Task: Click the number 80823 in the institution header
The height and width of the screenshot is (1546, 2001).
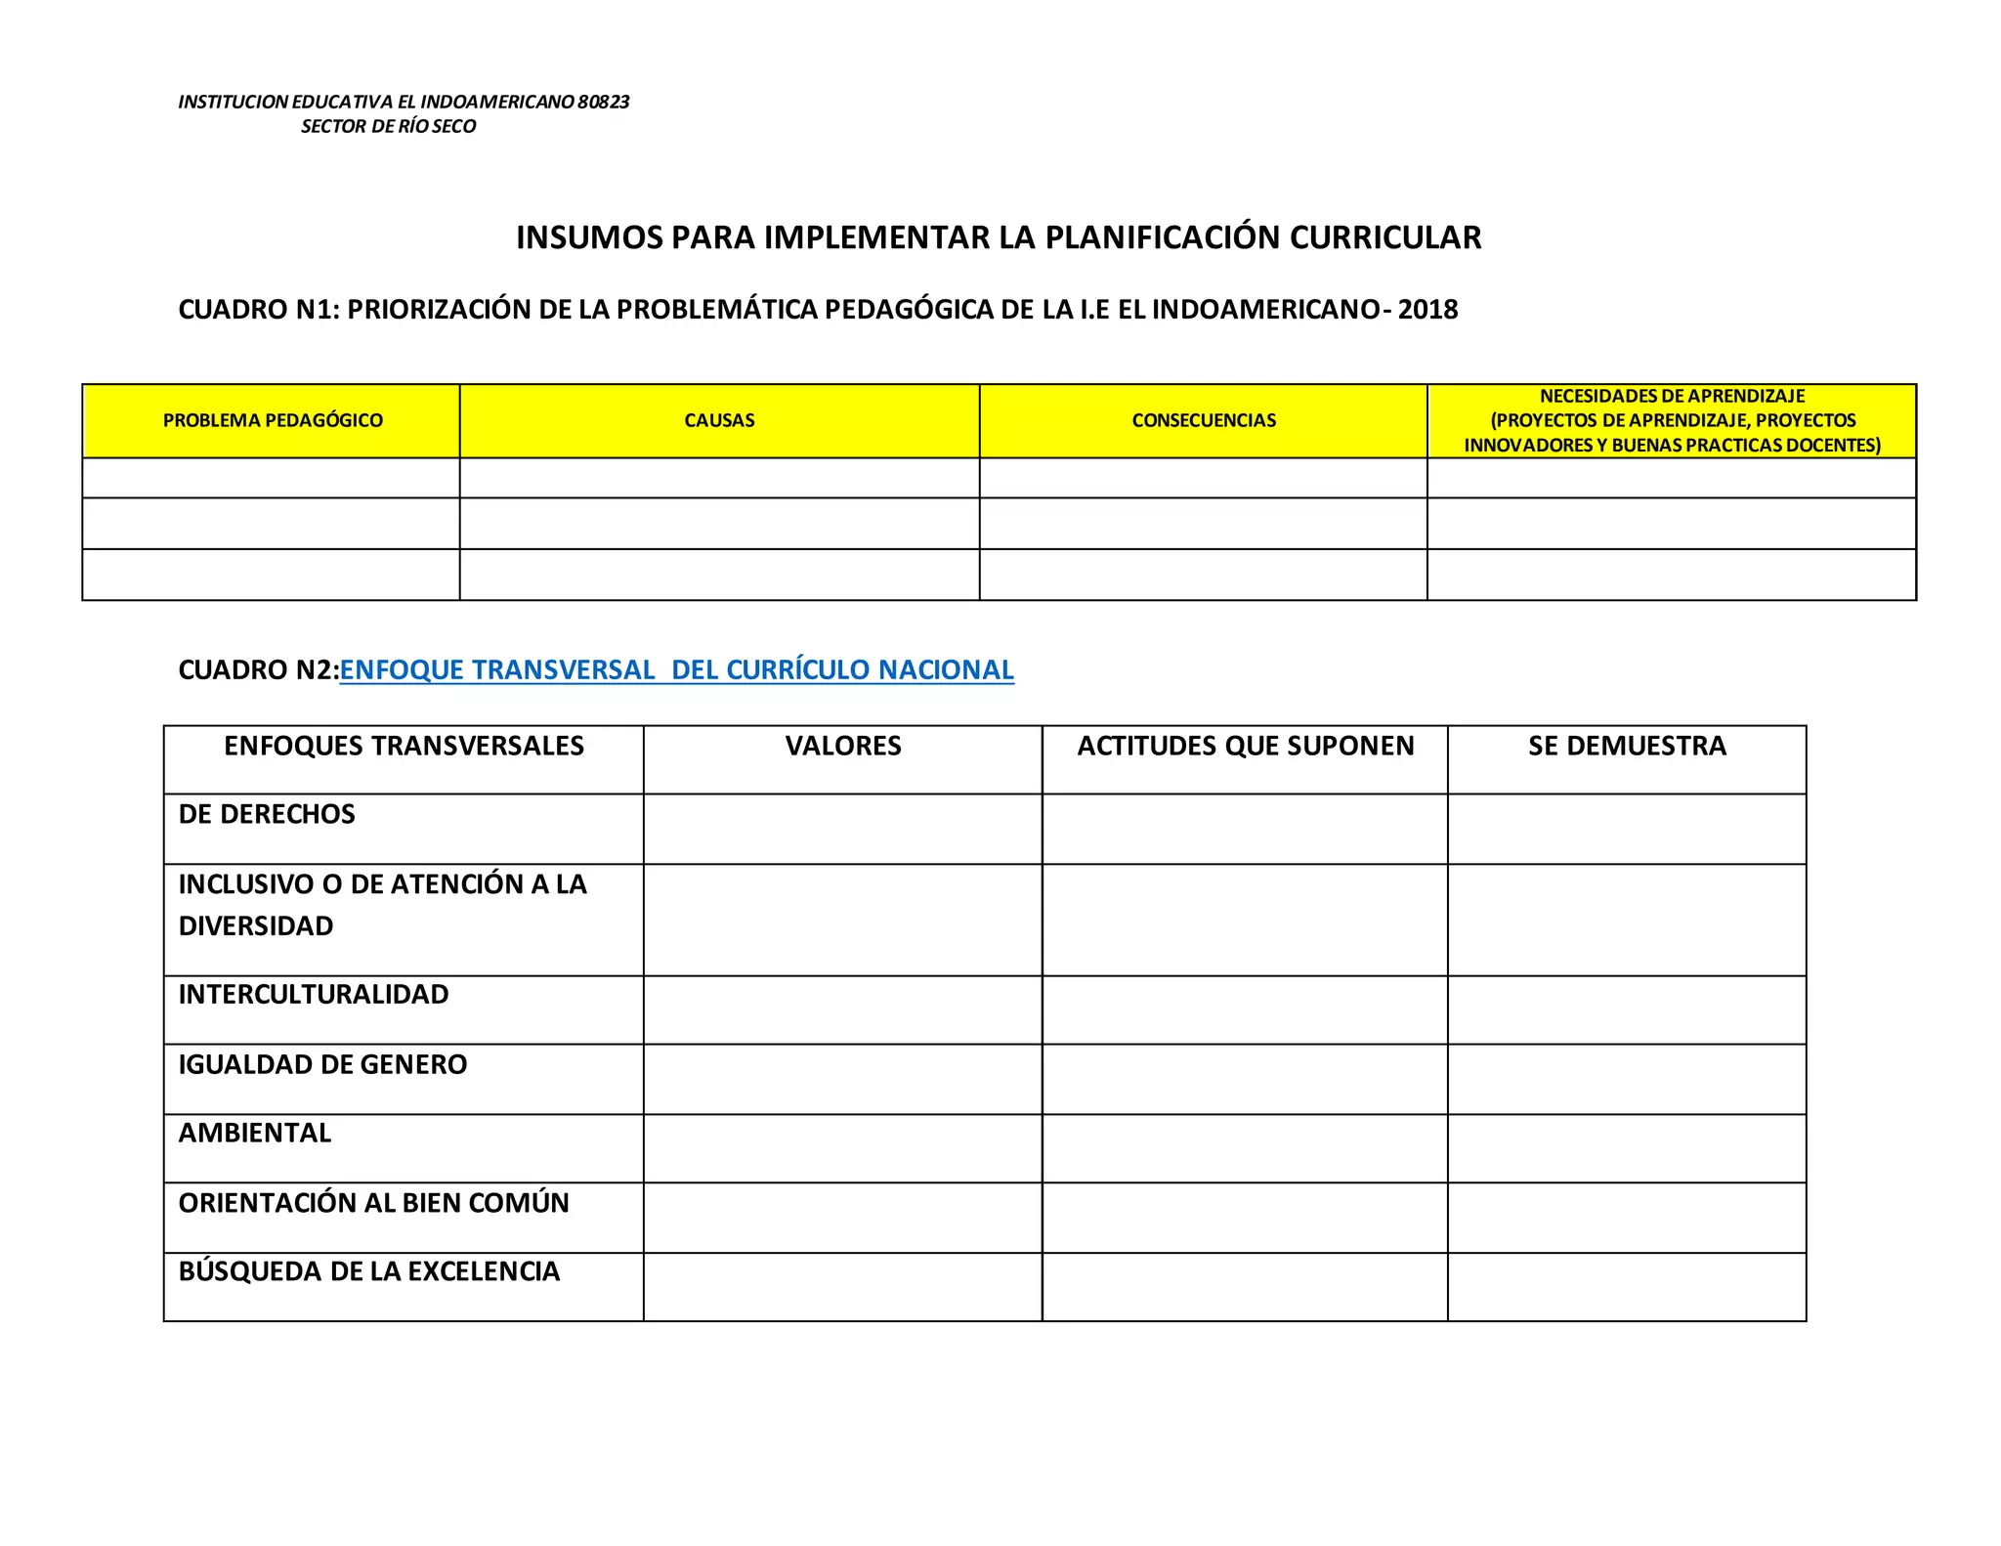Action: coord(603,102)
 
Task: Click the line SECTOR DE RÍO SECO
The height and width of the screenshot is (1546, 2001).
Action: coord(388,126)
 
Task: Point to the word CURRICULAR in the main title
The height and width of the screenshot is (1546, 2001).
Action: coord(1384,237)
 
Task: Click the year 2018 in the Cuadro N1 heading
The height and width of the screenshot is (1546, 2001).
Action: coord(1427,310)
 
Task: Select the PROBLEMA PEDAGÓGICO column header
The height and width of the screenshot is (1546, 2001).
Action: coord(273,420)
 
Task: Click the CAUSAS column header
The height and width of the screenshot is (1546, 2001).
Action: coord(719,420)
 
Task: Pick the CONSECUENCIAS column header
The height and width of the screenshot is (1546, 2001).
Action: coord(1204,420)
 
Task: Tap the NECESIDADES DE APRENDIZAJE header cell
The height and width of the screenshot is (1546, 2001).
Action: coord(1672,420)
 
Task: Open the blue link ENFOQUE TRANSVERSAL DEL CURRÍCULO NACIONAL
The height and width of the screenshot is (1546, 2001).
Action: coord(676,670)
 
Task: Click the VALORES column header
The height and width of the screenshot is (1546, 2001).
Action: coord(843,747)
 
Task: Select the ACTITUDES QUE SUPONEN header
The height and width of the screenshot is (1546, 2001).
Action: coord(1246,747)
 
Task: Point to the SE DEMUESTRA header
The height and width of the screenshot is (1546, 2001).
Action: coord(1627,747)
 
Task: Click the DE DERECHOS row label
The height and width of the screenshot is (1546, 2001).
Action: coord(267,814)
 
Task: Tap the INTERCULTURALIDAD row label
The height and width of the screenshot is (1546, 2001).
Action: coord(314,995)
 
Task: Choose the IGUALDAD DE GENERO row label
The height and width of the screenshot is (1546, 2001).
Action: coord(322,1064)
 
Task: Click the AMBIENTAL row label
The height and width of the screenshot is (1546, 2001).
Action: coord(255,1134)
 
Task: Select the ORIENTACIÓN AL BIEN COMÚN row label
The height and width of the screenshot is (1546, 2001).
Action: coord(373,1203)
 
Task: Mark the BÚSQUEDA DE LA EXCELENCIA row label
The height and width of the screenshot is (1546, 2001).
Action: coord(369,1271)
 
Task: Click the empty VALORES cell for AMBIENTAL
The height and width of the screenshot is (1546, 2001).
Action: coord(842,1148)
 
